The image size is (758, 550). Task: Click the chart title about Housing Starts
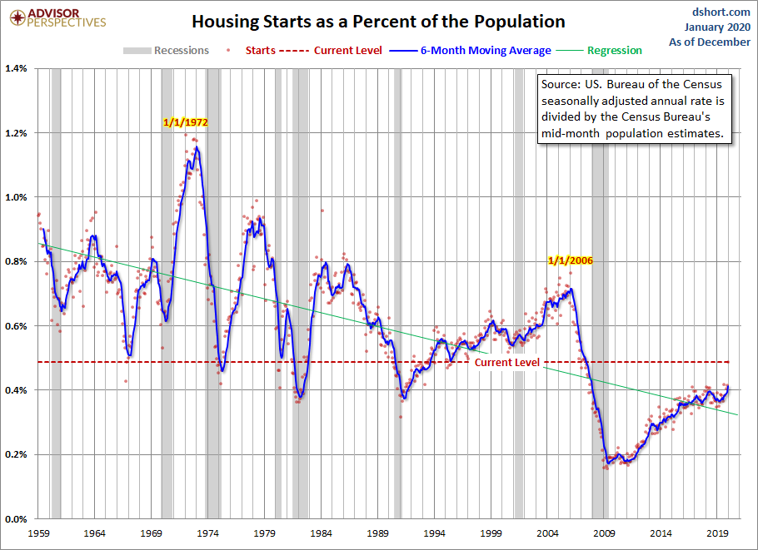[x=379, y=22]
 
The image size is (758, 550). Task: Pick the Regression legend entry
[x=614, y=50]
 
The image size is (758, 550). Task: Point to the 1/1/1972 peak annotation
[x=185, y=122]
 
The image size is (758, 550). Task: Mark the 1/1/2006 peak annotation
[x=570, y=260]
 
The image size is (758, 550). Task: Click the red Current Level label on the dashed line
[x=506, y=363]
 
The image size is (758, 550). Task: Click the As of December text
[x=715, y=42]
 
